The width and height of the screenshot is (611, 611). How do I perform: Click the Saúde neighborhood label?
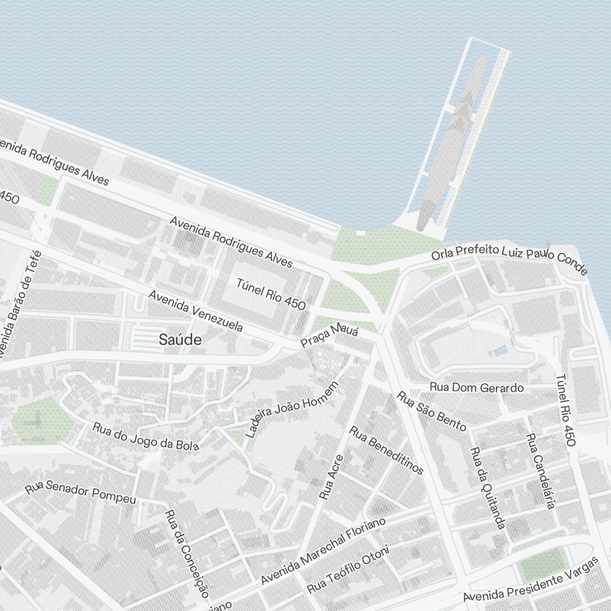click(x=180, y=340)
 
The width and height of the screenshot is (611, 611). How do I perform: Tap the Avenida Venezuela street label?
click(x=196, y=310)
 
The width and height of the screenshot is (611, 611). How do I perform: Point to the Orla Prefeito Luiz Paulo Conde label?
click(x=509, y=258)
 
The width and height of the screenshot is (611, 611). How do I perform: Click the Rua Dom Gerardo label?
click(x=477, y=387)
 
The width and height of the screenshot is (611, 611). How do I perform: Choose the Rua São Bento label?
click(x=431, y=411)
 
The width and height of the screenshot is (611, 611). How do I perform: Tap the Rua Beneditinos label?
click(x=386, y=450)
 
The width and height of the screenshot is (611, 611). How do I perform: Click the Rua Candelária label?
click(x=541, y=471)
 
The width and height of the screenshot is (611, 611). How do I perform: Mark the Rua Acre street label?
click(x=331, y=477)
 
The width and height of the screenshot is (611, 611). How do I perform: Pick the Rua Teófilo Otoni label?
click(x=348, y=571)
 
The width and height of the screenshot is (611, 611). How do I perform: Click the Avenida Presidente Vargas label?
click(x=530, y=580)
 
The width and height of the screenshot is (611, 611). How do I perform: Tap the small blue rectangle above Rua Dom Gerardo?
click(x=500, y=351)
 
